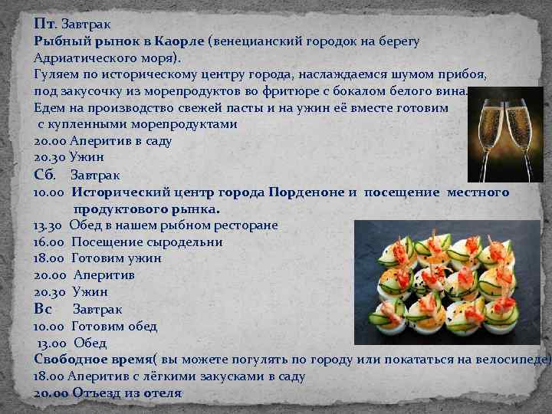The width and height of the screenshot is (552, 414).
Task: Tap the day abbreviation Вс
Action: [x=44, y=309]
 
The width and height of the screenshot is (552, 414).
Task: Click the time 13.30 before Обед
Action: [x=48, y=225]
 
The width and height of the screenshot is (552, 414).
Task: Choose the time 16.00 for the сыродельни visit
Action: [x=48, y=242]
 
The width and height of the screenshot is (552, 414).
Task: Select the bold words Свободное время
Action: [x=93, y=360]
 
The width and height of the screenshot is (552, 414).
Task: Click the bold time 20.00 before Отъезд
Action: [x=51, y=393]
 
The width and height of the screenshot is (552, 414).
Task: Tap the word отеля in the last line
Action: [x=162, y=393]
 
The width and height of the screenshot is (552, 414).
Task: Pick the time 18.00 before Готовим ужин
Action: [x=48, y=258]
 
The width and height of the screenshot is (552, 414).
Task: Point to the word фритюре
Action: [x=278, y=91]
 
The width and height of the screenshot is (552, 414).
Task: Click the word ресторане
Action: [x=243, y=225]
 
